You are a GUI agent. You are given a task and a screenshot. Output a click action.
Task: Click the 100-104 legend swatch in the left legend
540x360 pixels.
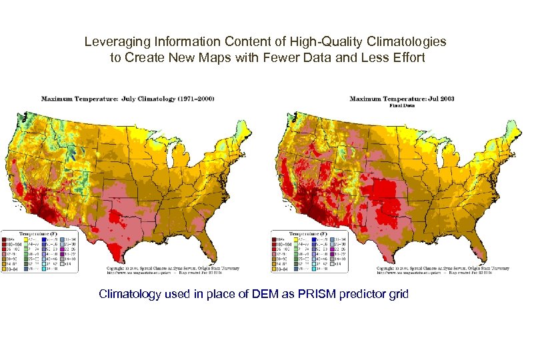tap(8, 245)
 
